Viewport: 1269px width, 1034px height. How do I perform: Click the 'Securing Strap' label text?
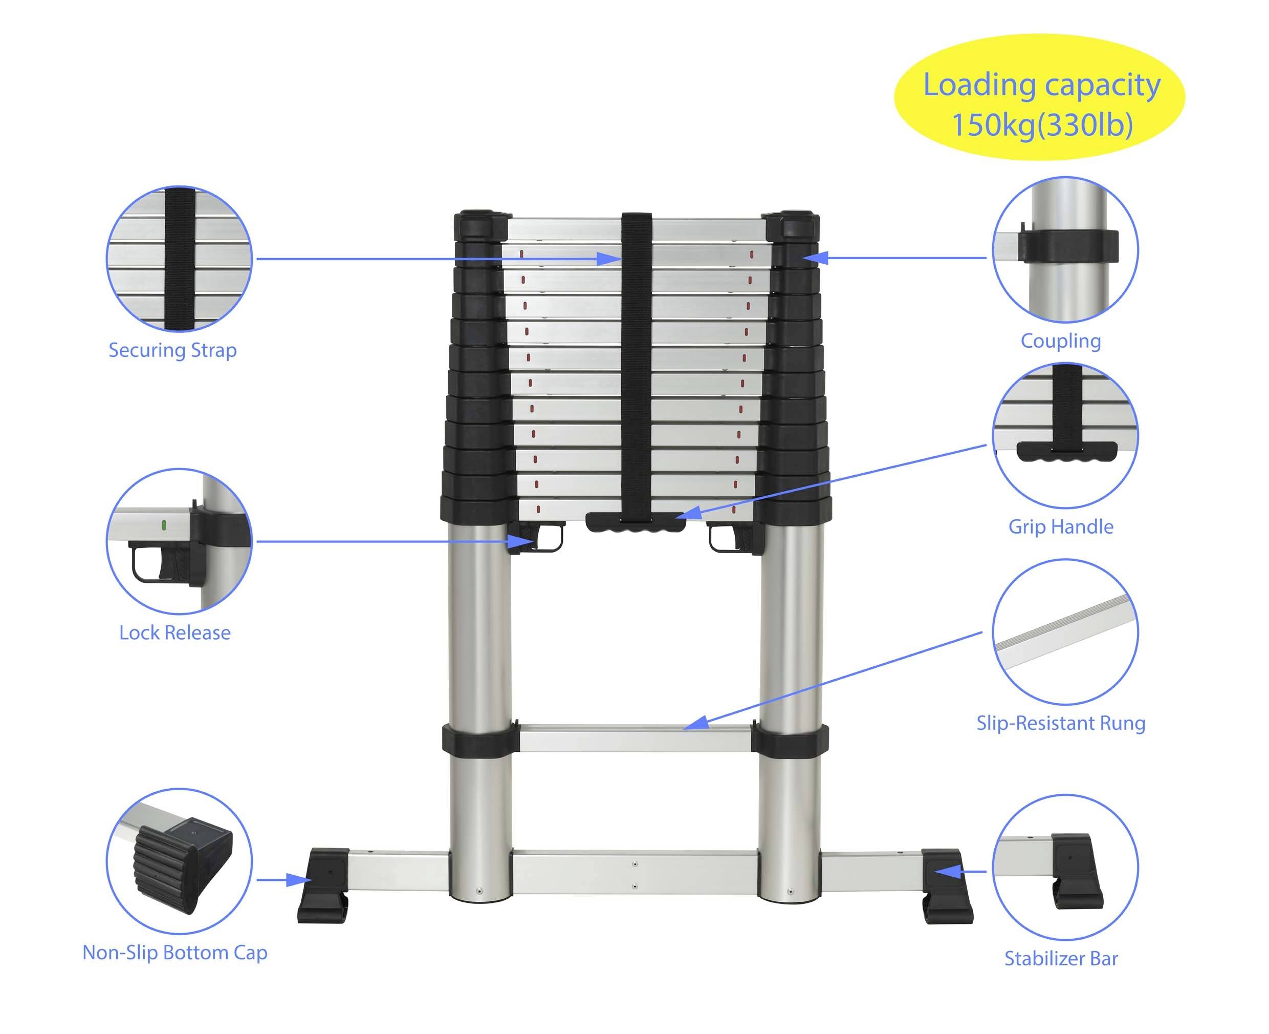(172, 350)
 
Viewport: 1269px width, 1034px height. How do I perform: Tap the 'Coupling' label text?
(1060, 341)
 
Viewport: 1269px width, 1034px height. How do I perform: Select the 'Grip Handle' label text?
(1060, 526)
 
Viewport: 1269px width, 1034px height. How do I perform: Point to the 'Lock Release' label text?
(174, 632)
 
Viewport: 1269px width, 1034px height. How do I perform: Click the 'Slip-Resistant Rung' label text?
(1060, 723)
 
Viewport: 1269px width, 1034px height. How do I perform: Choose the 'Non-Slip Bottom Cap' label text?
(174, 953)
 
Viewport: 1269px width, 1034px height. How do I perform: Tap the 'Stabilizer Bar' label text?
(1061, 958)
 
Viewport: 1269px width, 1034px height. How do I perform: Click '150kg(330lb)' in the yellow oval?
(1042, 125)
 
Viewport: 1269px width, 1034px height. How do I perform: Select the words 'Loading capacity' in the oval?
(1042, 85)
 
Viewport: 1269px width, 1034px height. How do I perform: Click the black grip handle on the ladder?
(635, 522)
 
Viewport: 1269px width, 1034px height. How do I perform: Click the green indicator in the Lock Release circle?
(164, 525)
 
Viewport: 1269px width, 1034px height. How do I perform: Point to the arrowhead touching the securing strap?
(610, 259)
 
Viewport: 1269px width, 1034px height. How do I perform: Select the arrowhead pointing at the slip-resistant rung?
(696, 723)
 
